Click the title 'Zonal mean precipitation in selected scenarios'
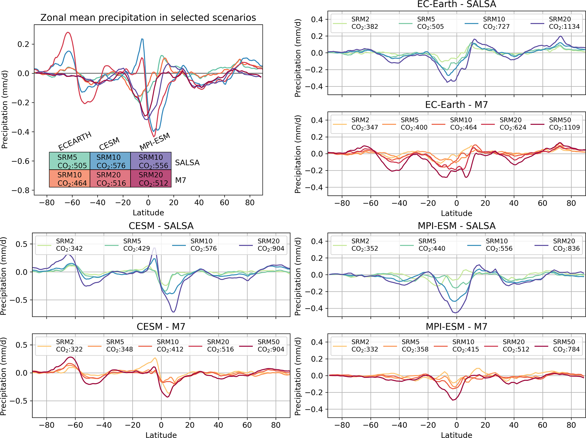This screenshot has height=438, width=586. tap(148, 18)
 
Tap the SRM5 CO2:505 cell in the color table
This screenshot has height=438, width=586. tap(69, 161)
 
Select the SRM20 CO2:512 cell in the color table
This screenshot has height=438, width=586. tap(151, 179)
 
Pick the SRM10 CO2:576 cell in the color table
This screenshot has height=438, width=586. tap(110, 161)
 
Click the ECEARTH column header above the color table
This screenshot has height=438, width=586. tap(75, 141)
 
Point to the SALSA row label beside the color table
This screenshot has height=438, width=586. tap(187, 163)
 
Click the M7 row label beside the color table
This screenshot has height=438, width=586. tap(181, 180)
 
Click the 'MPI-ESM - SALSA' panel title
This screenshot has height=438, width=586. tap(456, 226)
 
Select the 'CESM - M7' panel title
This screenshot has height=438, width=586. tap(161, 327)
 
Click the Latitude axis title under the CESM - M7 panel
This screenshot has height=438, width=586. tap(161, 435)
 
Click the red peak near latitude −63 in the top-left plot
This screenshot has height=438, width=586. tap(67, 32)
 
